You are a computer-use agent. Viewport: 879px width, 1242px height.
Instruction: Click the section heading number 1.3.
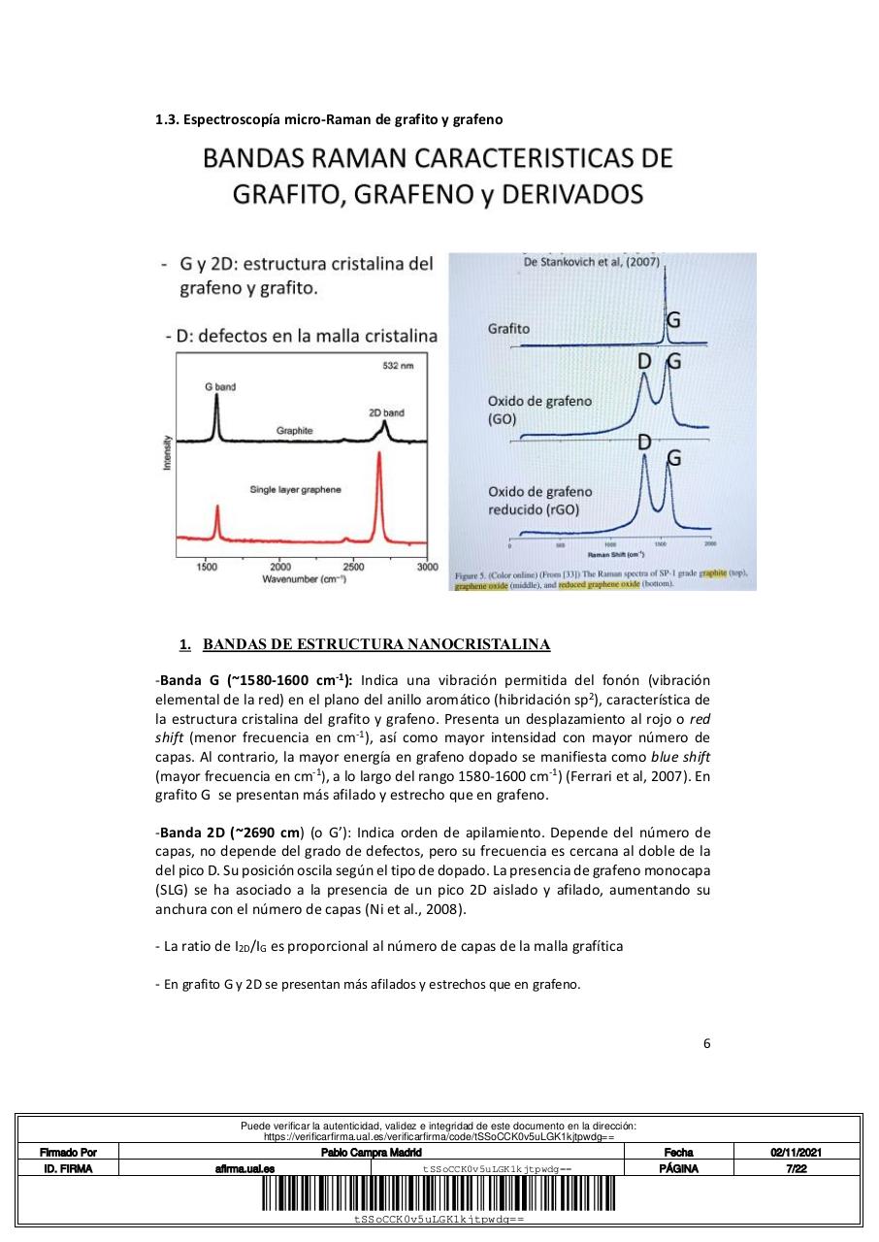point(166,119)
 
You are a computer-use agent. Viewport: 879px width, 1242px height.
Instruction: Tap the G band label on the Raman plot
point(219,386)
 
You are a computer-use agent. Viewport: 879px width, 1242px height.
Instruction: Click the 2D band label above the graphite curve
point(386,412)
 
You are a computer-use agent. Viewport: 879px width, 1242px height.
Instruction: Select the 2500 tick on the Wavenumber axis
point(353,566)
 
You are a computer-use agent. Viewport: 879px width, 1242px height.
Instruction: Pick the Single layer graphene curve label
point(295,490)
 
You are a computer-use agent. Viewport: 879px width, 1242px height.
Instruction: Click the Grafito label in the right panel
point(508,329)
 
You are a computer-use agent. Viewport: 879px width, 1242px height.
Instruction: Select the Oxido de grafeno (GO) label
point(539,409)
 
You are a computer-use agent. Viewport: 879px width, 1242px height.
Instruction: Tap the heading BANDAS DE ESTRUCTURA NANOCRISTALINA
point(376,644)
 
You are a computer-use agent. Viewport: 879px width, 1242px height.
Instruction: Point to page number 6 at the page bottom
point(706,1043)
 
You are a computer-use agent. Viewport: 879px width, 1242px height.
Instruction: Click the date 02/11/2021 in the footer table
point(797,1152)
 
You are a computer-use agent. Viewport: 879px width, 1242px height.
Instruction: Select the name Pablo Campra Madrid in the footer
point(371,1152)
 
